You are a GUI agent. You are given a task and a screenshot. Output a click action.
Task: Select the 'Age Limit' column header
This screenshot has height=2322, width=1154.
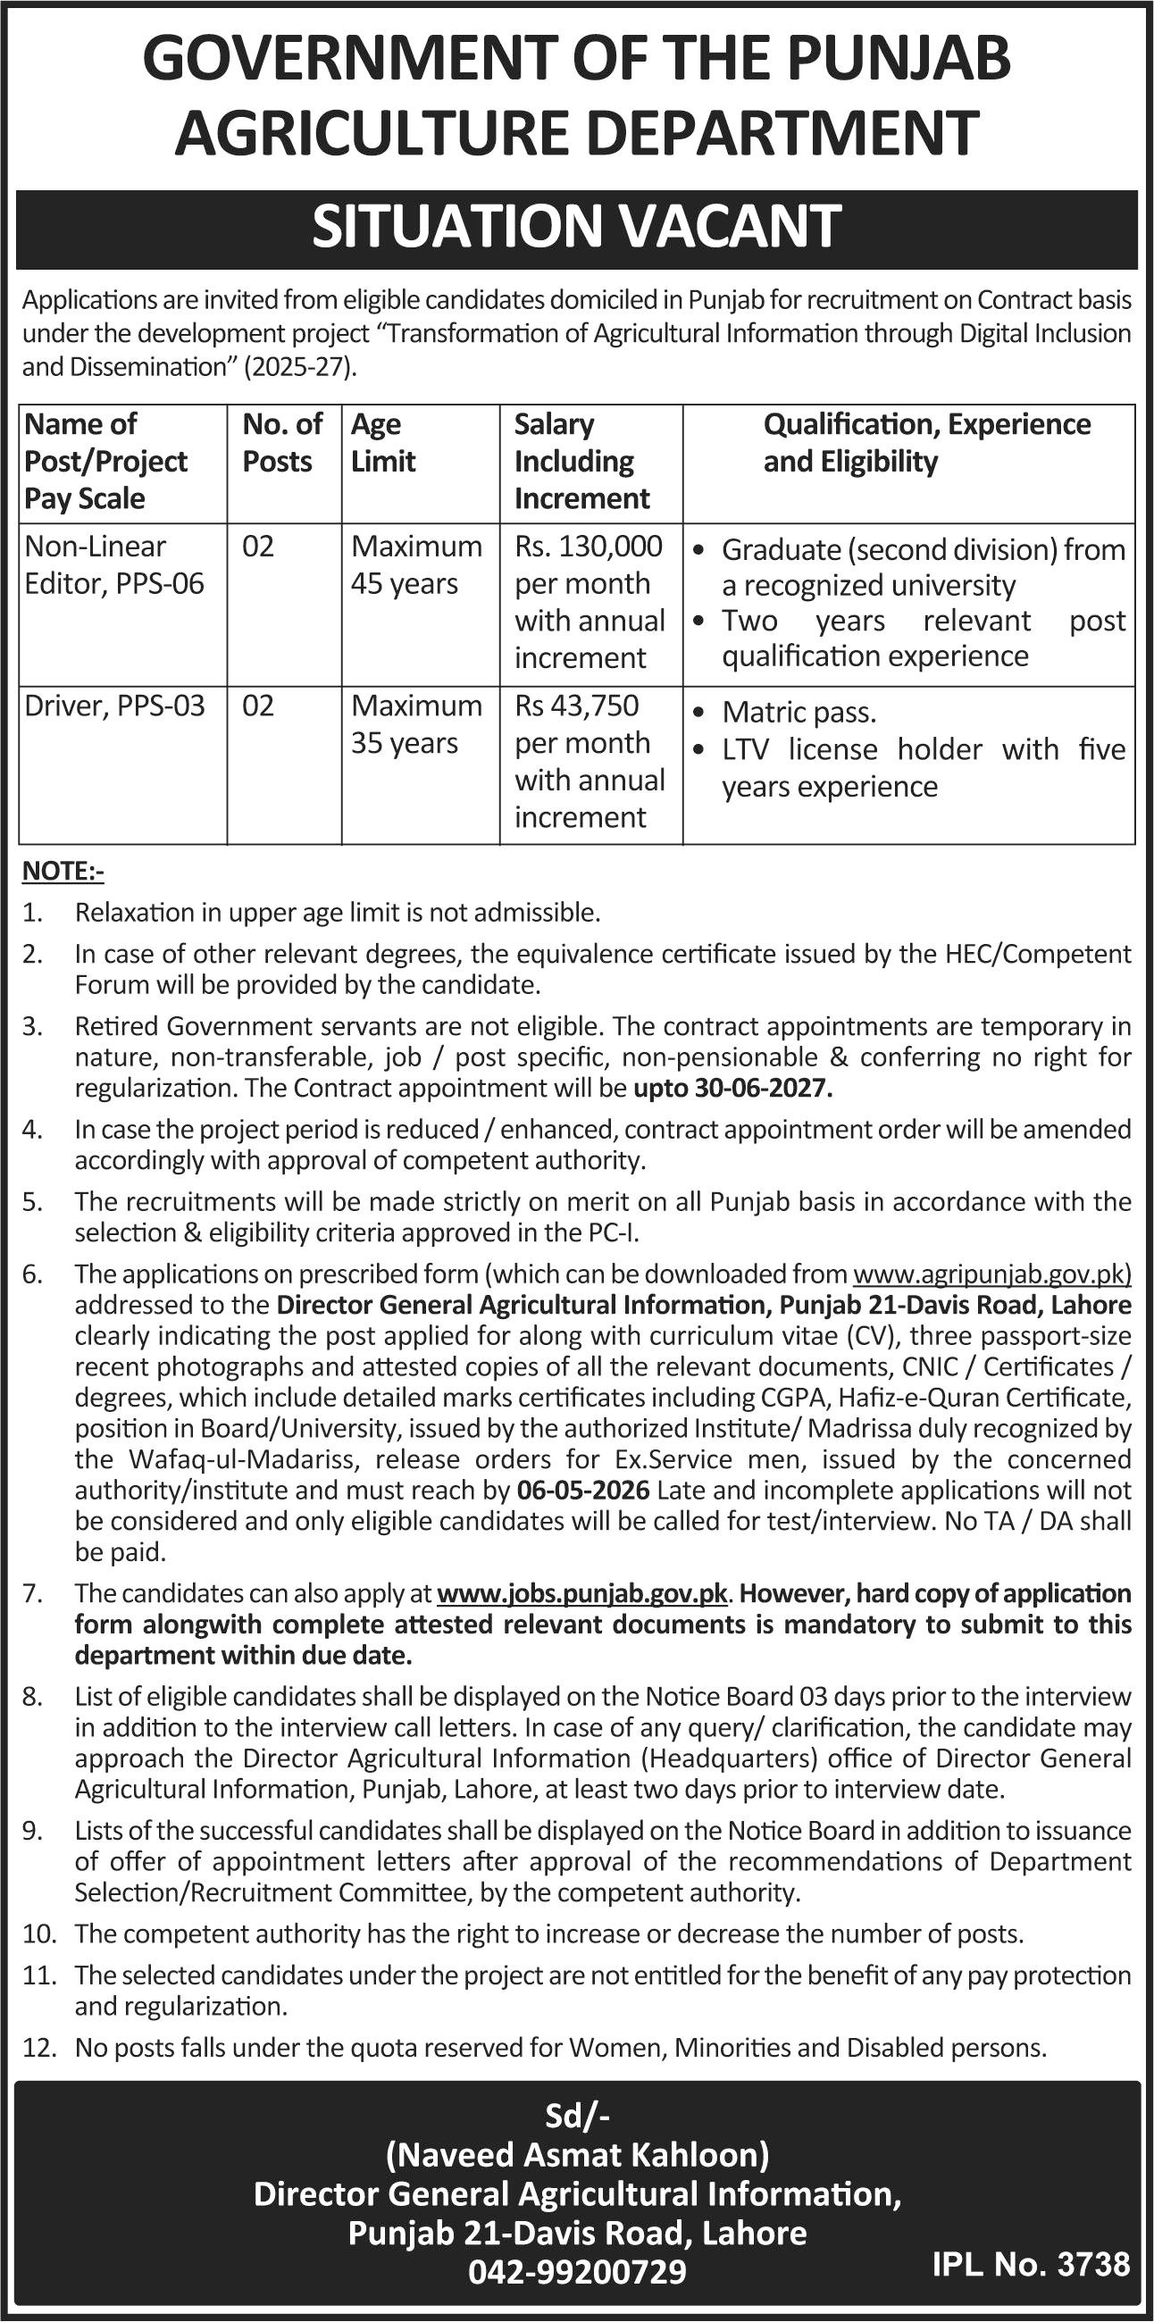click(x=383, y=443)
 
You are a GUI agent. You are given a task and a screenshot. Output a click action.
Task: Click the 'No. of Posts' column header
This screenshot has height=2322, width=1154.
click(x=282, y=443)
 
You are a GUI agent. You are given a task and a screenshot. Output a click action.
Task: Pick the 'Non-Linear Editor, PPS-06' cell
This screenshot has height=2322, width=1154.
click(x=114, y=565)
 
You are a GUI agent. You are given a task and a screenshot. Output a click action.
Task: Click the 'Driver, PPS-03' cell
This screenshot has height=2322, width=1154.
click(x=114, y=705)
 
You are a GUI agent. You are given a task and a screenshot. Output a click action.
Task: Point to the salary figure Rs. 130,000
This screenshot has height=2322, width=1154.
click(x=589, y=547)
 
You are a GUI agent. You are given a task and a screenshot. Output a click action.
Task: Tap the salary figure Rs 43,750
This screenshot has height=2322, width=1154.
click(x=577, y=705)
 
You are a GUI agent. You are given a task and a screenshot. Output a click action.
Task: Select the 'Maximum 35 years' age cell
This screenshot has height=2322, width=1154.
click(x=416, y=723)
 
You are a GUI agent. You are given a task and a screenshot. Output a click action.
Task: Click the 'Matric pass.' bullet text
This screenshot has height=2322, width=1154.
click(x=799, y=713)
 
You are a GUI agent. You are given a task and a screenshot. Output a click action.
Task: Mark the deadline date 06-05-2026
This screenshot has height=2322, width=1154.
click(x=583, y=1490)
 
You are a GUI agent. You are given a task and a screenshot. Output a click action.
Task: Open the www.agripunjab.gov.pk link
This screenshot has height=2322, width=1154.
click(x=991, y=1274)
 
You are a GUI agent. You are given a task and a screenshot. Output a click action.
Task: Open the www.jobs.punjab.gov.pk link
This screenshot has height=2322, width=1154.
click(x=581, y=1593)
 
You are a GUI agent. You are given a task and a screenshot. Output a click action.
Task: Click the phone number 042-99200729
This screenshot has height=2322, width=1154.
click(x=577, y=2271)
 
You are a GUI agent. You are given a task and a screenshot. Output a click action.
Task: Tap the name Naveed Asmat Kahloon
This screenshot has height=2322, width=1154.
click(x=577, y=2154)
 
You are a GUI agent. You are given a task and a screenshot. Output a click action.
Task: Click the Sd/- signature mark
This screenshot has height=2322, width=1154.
click(x=577, y=2116)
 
